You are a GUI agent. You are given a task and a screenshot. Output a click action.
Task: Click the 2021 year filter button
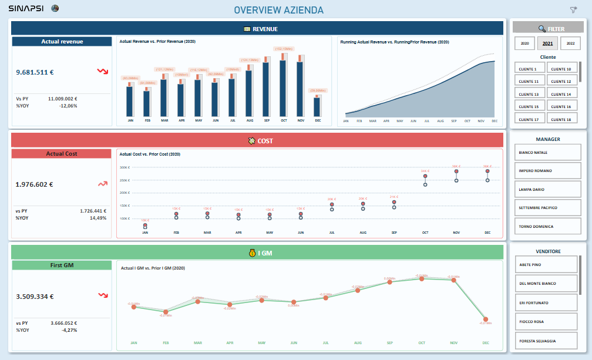tap(547, 43)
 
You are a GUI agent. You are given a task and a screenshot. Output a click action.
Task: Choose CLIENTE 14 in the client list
tap(562, 94)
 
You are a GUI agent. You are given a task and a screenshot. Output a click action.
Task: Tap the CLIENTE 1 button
tap(529, 69)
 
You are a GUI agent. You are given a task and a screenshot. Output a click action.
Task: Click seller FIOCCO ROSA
tap(546, 321)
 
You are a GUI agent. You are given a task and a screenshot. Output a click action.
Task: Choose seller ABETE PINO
tap(546, 264)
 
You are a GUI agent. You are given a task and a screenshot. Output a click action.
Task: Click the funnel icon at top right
tap(573, 9)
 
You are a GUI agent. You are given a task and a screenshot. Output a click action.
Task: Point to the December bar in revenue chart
tap(317, 106)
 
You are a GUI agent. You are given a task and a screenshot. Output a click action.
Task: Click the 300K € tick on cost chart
tap(124, 167)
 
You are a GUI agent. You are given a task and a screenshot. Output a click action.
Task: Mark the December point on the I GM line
tap(485, 319)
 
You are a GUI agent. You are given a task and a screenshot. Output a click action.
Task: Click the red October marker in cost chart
tap(425, 176)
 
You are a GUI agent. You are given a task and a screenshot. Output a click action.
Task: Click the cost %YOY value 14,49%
tap(97, 218)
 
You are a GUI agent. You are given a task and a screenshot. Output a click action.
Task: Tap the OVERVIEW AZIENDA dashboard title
tap(278, 10)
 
